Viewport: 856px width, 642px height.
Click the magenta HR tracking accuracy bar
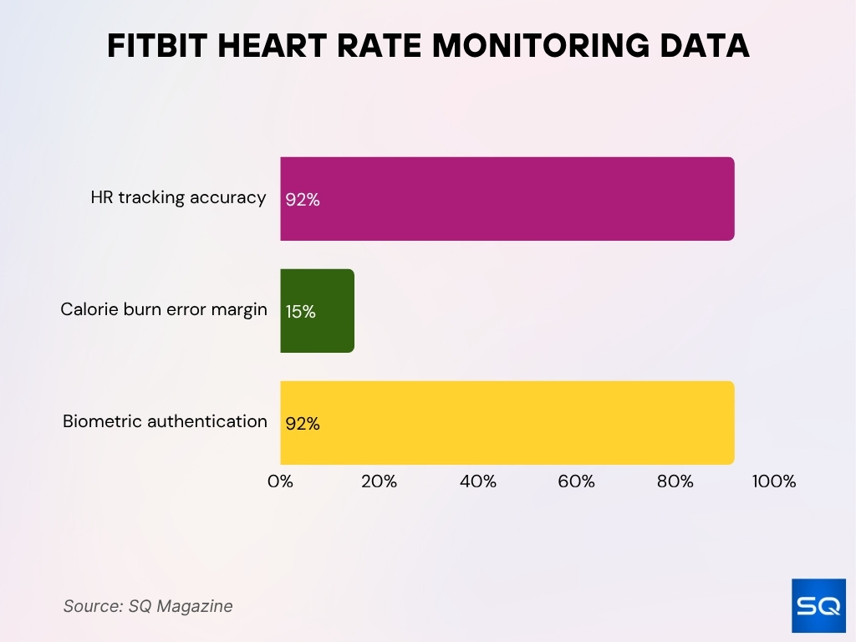tap(507, 199)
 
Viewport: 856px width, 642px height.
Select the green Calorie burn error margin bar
tap(318, 310)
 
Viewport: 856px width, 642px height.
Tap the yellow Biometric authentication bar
tap(507, 422)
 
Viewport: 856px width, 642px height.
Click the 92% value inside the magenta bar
tap(303, 201)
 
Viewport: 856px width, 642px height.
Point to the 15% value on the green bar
tap(300, 312)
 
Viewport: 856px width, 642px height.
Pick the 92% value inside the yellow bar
tap(303, 424)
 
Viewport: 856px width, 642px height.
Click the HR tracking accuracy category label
tap(178, 198)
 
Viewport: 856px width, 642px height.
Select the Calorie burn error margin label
tap(164, 309)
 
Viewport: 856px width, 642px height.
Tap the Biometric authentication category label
tap(165, 421)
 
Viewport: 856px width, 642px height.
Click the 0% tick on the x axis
tap(280, 481)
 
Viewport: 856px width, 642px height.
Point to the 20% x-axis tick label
tap(379, 481)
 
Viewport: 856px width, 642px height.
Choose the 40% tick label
tap(477, 481)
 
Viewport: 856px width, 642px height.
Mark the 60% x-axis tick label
tap(576, 481)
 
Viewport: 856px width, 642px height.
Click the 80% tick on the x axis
tap(675, 481)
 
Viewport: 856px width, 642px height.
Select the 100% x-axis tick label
tap(773, 481)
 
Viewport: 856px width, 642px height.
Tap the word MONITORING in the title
tap(540, 47)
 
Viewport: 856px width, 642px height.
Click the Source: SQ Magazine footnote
tap(148, 606)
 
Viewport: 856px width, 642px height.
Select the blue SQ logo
tap(818, 605)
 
